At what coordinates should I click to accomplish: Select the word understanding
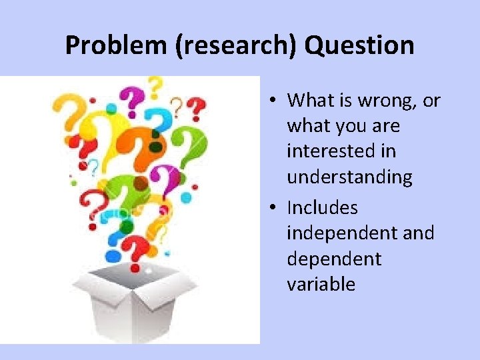pyautogui.click(x=349, y=177)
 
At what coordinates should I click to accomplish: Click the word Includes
pyautogui.click(x=322, y=208)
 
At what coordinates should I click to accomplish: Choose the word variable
pyautogui.click(x=321, y=285)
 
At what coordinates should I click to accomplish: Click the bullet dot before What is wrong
pyautogui.click(x=274, y=101)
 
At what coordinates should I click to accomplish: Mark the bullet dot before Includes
pyautogui.click(x=274, y=209)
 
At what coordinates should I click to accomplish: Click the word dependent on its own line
pyautogui.click(x=333, y=259)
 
